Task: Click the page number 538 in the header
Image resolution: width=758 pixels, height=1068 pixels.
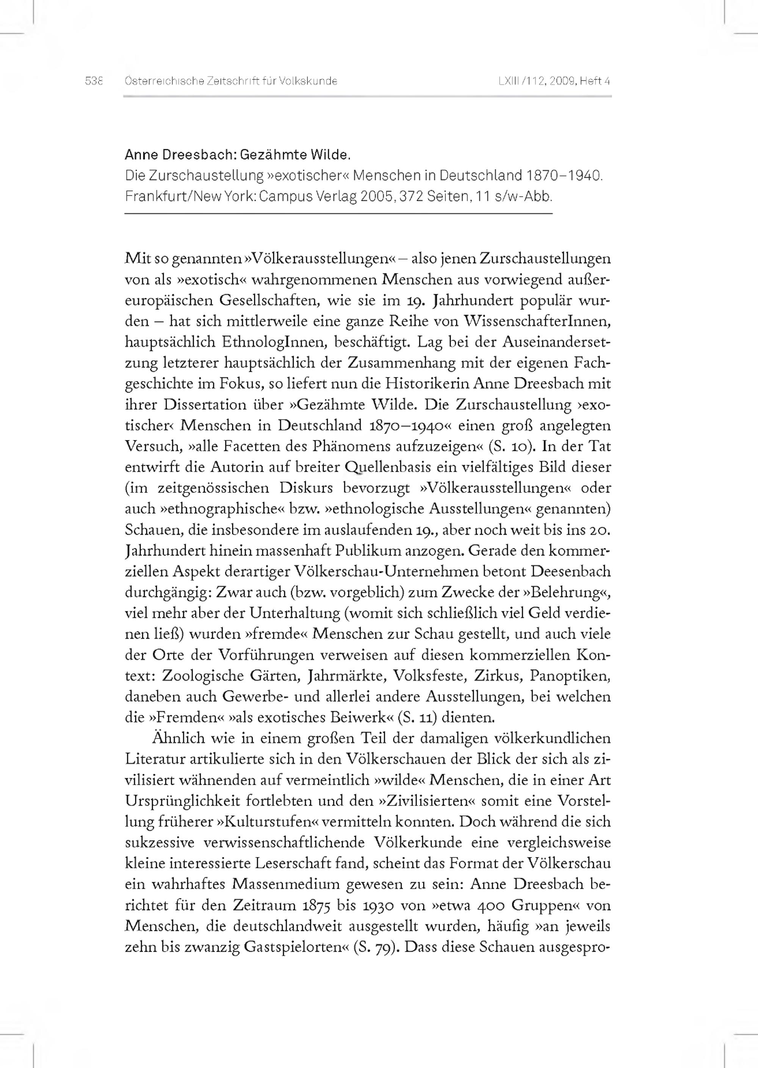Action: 93,81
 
